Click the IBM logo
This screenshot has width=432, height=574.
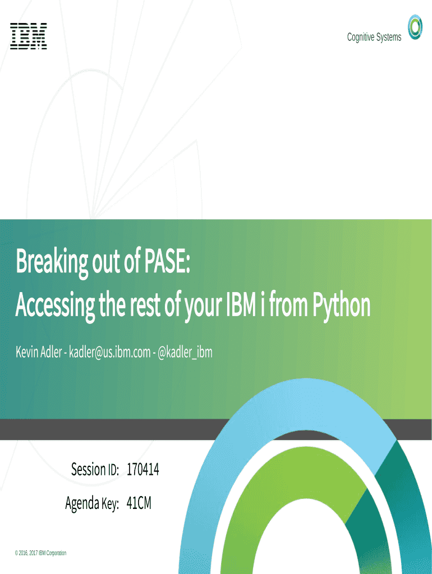pos(29,36)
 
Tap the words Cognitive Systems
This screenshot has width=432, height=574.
pos(374,37)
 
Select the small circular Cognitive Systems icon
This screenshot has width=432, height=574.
pos(415,27)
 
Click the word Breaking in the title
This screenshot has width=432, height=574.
pos(52,262)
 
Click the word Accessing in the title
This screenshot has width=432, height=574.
pos(55,305)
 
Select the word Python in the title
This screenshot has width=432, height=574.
pos(341,305)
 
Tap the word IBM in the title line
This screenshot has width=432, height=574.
pos(241,305)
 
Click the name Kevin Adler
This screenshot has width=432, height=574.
pos(39,352)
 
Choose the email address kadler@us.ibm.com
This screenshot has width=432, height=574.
pos(109,352)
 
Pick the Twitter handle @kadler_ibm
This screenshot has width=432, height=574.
pos(185,352)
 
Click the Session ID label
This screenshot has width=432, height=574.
pos(95,469)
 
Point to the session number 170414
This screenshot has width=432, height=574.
pos(143,469)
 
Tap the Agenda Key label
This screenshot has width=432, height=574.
pos(92,503)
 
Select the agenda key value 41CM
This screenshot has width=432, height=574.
pos(139,503)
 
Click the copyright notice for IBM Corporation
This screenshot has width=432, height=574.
pos(40,553)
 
